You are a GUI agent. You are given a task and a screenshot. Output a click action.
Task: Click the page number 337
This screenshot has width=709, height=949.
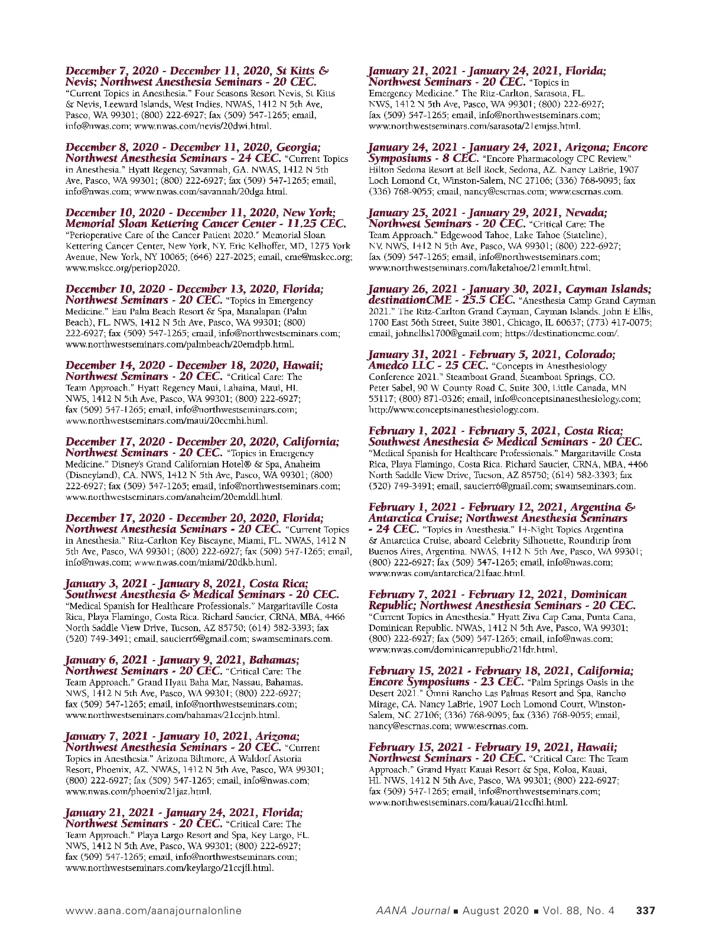click(x=645, y=911)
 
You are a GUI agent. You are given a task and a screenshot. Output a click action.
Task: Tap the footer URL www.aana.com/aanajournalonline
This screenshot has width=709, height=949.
click(x=153, y=911)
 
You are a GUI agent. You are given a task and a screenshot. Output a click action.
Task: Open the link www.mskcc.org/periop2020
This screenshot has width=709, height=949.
click(x=122, y=268)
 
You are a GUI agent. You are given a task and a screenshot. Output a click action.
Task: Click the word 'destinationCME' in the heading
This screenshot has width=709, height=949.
click(x=405, y=300)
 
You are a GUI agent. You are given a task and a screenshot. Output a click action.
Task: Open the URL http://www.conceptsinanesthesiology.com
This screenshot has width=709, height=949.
click(x=453, y=409)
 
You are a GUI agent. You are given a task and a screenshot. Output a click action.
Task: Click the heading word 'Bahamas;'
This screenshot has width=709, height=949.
click(x=274, y=659)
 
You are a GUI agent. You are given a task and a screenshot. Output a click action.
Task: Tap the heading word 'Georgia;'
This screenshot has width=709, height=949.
click(x=297, y=147)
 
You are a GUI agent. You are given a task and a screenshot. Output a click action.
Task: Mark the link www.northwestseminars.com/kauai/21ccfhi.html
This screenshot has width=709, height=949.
click(x=468, y=802)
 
